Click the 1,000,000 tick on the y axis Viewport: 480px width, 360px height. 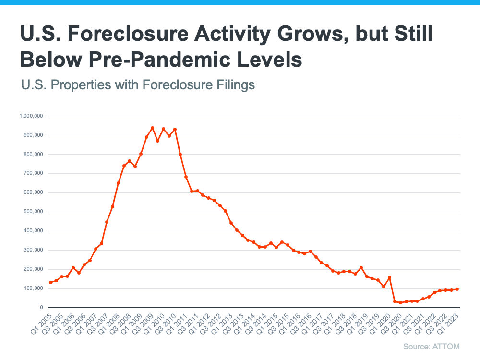tap(30, 116)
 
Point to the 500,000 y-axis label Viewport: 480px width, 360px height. tap(32, 212)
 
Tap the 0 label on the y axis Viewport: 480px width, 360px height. tap(41, 308)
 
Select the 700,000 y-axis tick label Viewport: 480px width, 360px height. tap(32, 173)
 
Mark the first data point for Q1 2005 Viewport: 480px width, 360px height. tap(50, 282)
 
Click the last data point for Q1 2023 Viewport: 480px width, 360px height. tap(457, 289)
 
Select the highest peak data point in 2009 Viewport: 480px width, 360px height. tap(152, 128)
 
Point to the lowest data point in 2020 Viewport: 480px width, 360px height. tap(401, 302)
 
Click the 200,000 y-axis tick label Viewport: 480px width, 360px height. tap(32, 269)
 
